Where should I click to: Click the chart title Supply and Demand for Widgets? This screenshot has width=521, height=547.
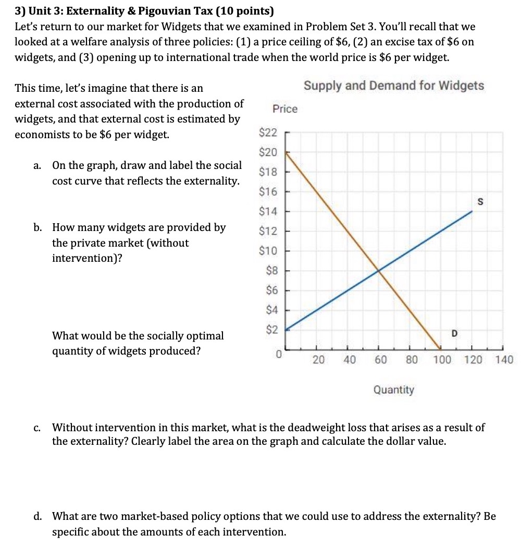tap(394, 86)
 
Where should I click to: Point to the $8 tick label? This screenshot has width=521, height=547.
tap(271, 271)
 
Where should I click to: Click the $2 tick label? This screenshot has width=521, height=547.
tap(271, 330)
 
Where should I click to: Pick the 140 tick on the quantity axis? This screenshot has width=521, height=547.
tap(504, 359)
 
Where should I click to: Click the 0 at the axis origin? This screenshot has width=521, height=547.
tap(279, 355)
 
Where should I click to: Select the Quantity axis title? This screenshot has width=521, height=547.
tap(394, 390)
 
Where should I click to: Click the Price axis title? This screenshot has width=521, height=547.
tap(285, 108)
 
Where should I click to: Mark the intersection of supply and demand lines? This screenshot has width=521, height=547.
tap(378, 270)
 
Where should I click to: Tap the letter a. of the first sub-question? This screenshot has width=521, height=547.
tap(38, 166)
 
